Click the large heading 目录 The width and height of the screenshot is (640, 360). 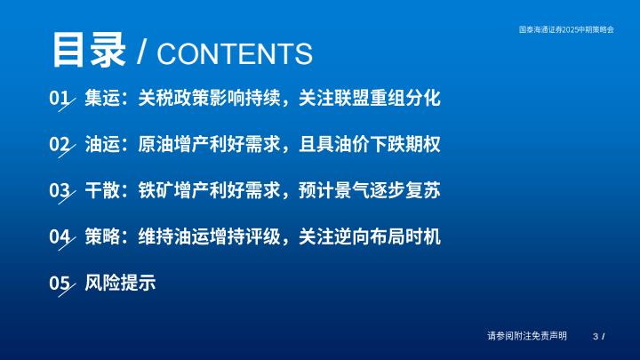click(x=89, y=50)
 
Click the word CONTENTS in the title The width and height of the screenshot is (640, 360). click(x=235, y=53)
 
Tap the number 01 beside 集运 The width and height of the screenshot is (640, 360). click(x=60, y=98)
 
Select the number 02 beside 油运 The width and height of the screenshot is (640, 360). click(x=60, y=144)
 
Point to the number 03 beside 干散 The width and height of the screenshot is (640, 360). click(x=60, y=190)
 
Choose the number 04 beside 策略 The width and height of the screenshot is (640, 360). click(x=60, y=236)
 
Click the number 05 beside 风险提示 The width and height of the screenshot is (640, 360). click(x=60, y=283)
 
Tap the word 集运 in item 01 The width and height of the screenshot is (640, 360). click(x=102, y=98)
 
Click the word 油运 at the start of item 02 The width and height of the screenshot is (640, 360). click(x=102, y=144)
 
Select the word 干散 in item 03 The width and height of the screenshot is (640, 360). click(x=102, y=190)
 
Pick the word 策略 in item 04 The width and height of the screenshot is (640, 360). click(x=102, y=236)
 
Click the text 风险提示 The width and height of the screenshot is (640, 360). click(x=120, y=283)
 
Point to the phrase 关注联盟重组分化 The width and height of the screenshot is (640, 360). click(x=370, y=98)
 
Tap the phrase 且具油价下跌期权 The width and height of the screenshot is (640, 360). click(x=370, y=144)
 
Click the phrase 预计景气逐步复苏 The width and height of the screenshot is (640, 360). click(x=370, y=190)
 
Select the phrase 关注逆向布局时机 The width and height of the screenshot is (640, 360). click(x=370, y=236)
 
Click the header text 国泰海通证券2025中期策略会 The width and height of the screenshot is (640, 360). click(x=566, y=29)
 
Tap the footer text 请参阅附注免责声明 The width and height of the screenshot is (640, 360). click(x=527, y=336)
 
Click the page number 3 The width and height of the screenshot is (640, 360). click(x=596, y=336)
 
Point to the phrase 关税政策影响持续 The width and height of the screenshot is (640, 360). click(x=209, y=98)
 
